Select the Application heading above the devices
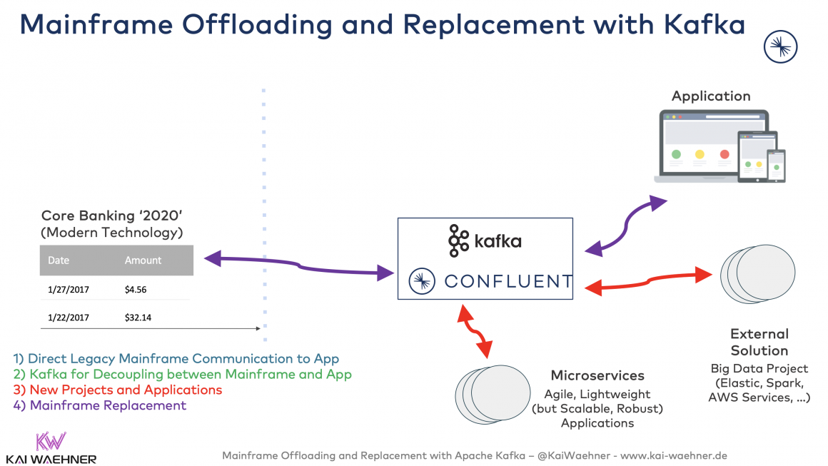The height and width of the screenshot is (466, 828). tap(711, 96)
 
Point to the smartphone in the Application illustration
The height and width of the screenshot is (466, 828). tap(776, 166)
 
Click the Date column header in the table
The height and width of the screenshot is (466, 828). tap(59, 260)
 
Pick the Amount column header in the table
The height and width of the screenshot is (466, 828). tap(143, 260)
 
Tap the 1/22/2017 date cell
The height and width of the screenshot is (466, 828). tap(69, 318)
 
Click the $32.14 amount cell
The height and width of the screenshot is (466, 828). tap(138, 318)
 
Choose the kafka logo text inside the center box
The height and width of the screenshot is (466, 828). tap(498, 241)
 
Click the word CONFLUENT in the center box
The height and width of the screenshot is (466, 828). tap(508, 282)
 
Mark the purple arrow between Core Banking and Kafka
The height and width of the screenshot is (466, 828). tap(300, 265)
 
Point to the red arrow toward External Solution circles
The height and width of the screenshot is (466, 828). tap(650, 280)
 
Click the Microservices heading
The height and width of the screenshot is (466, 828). tap(597, 375)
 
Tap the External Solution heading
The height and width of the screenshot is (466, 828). tap(759, 342)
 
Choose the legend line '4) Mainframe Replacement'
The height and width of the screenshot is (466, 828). tap(100, 405)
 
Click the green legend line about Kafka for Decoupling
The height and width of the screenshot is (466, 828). tap(183, 374)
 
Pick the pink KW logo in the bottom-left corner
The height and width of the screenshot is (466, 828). tap(51, 440)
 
